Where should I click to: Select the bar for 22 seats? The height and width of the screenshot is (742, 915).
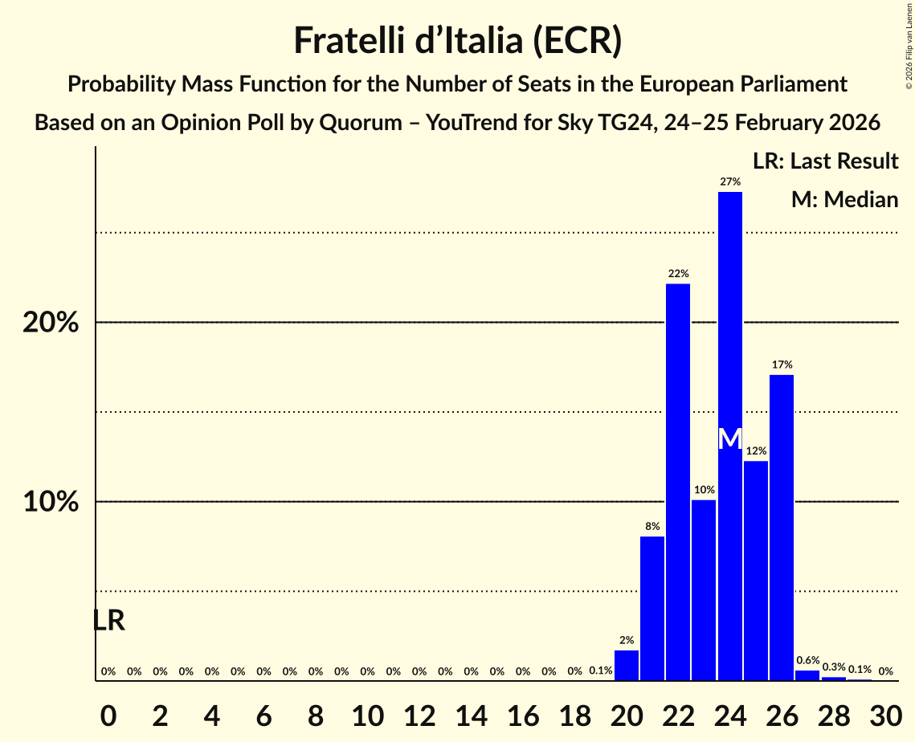[678, 482]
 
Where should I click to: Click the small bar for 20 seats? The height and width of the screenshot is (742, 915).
[627, 665]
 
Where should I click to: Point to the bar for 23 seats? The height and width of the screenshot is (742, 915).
[704, 590]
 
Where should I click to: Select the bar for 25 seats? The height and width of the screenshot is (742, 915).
[756, 570]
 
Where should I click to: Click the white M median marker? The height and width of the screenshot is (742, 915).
[729, 439]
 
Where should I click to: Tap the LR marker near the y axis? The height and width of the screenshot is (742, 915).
[108, 621]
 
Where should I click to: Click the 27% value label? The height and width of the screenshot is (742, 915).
[729, 182]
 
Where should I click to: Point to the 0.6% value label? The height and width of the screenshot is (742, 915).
[807, 661]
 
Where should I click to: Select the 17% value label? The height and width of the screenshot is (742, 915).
[782, 365]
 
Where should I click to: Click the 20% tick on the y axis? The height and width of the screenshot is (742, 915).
[50, 323]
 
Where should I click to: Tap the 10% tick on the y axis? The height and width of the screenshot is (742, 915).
[50, 503]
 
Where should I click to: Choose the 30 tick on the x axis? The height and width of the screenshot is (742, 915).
[885, 711]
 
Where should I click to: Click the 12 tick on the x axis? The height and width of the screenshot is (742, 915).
[419, 711]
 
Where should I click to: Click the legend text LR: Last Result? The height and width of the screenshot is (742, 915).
[825, 161]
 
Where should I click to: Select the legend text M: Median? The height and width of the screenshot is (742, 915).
[844, 199]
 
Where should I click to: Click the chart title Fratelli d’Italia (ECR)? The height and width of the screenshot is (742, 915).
[457, 40]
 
